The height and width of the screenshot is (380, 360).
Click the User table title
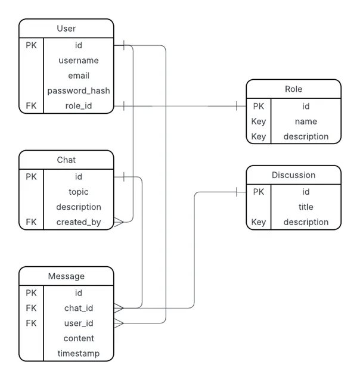coord(66,28)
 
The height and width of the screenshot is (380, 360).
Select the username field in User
coord(78,60)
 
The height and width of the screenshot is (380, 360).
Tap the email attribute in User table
coord(78,76)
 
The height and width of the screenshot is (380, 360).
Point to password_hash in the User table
coord(78,91)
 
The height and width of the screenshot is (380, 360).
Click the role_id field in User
coord(78,106)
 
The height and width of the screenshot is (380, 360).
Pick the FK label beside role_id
coord(31,106)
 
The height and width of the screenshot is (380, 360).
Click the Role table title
coord(293,89)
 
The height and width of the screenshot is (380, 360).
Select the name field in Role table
coord(305,122)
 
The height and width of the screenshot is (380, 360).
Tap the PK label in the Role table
coord(258,106)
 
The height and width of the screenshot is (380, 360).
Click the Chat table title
coord(66,160)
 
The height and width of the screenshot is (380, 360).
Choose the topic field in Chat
coord(78,192)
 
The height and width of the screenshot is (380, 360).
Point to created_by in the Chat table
coord(78,222)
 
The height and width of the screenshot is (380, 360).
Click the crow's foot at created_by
coord(119,222)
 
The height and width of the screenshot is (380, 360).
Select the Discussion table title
coord(293,175)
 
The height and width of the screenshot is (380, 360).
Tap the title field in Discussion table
coord(305,207)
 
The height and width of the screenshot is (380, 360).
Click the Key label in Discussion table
coord(258,222)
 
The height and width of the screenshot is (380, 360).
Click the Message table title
coord(66,276)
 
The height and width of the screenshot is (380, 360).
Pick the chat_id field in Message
coord(78,308)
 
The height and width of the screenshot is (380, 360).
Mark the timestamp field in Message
coord(78,353)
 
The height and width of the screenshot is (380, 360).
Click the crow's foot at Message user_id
coord(119,323)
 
